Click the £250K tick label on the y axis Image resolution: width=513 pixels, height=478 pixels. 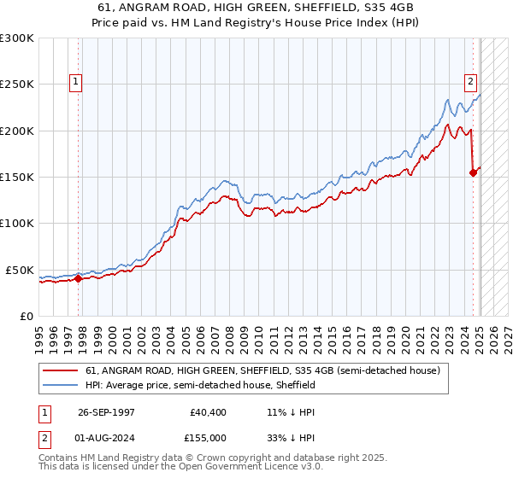click(x=17, y=85)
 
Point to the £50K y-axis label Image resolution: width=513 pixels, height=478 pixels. click(x=20, y=270)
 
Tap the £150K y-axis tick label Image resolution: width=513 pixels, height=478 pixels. click(x=17, y=177)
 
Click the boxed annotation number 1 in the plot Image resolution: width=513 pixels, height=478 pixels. click(x=76, y=82)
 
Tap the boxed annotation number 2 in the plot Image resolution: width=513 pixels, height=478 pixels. click(x=470, y=82)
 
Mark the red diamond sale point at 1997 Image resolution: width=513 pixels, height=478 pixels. click(x=78, y=277)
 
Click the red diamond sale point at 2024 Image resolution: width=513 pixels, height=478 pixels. click(x=473, y=172)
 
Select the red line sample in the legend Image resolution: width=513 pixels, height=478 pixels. click(x=61, y=371)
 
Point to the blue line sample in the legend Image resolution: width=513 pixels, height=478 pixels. click(x=61, y=386)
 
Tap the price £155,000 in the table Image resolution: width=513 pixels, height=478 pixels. click(x=209, y=437)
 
